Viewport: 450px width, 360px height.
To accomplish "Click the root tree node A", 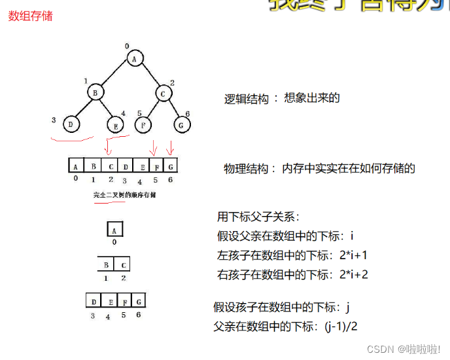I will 134,60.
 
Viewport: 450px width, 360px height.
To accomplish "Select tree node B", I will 95,93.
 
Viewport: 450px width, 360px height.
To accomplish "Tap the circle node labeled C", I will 164,93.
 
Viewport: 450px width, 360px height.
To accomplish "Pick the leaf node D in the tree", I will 72,122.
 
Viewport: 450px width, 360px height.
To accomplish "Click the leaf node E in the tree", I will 116,124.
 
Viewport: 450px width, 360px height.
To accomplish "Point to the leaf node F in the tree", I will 143,123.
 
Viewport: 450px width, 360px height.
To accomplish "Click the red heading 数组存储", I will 30,16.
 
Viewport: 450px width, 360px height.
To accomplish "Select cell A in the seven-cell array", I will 76,166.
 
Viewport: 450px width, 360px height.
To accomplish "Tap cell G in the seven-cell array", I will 170,166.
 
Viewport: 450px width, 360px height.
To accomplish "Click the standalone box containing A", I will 114,230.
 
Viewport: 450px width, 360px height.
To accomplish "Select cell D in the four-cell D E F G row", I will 94,301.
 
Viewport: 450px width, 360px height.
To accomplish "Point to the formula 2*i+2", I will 354,274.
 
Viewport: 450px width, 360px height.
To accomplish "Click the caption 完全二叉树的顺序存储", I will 124,195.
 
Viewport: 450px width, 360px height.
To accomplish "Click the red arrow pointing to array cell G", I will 171,146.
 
